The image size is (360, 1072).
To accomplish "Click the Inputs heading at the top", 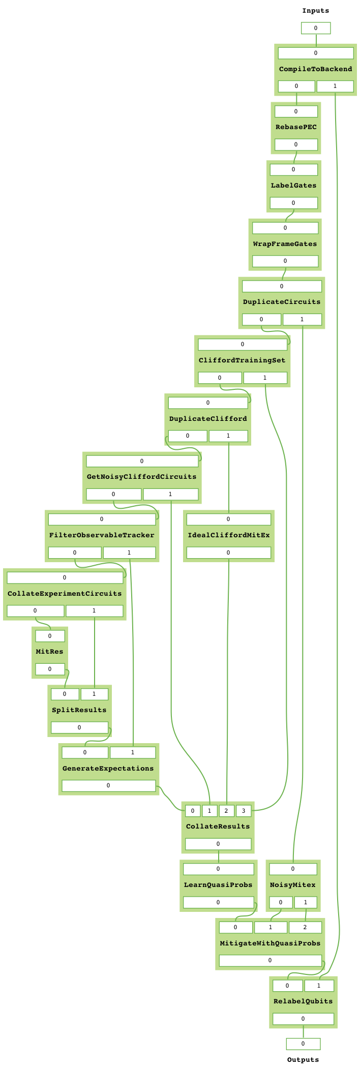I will pos(315,11).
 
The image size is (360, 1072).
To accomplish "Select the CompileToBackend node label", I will pos(315,69).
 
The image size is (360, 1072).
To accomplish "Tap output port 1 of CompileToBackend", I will pos(335,86).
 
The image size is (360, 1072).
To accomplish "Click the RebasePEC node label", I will pos(296,127).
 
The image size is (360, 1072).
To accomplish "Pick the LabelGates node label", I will pos(293,186).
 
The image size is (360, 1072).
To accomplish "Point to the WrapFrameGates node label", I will pos(285,244).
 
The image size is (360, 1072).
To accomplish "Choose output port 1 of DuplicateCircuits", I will pos(302,320).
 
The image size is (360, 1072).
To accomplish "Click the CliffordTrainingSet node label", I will pos(242,360).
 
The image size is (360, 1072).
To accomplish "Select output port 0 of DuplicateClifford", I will pos(188,436).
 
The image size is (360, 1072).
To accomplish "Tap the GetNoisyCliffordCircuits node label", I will pos(141,477).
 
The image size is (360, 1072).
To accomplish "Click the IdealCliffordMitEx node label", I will pos(228,535).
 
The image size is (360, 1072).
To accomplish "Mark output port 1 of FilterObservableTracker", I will pos(129,553).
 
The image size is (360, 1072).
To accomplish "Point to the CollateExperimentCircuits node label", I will pos(65,594).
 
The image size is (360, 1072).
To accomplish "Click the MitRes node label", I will pos(49,652).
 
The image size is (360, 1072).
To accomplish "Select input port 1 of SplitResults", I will pos(94,694).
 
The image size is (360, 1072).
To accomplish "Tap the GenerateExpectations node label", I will pos(108,769).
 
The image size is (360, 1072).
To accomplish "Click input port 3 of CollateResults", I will pos(244,811).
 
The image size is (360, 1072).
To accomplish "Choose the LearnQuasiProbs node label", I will pos(218,885).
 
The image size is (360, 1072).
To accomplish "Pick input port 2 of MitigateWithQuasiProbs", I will pos(305,928).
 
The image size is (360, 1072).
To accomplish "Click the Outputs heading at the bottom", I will pos(303,1060).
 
